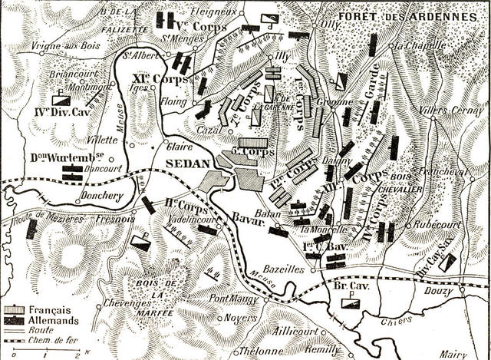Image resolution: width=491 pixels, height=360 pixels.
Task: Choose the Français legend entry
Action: pyautogui.click(x=51, y=309)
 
